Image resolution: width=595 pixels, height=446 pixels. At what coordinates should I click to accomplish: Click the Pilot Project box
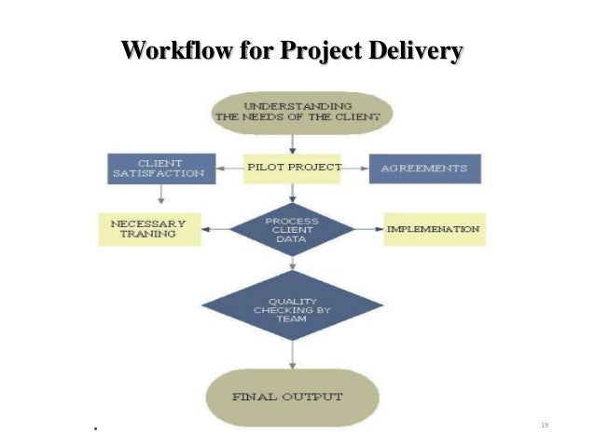pyautogui.click(x=293, y=169)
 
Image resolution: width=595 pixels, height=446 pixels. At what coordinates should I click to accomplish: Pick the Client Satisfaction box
pyautogui.click(x=161, y=169)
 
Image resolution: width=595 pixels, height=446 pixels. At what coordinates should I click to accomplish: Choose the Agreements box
pyautogui.click(x=424, y=169)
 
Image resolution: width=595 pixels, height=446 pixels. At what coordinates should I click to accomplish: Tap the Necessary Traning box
pyautogui.click(x=149, y=229)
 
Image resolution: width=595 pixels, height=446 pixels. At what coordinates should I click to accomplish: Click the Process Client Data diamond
pyautogui.click(x=293, y=229)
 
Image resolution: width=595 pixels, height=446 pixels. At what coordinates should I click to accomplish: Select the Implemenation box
pyautogui.click(x=434, y=229)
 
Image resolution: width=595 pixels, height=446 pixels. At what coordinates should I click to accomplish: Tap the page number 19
pyautogui.click(x=545, y=425)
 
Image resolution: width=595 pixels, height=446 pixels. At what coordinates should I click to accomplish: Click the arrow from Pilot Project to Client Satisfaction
pyautogui.click(x=229, y=169)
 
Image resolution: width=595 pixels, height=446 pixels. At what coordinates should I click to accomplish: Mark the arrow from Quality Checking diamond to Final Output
pyautogui.click(x=293, y=354)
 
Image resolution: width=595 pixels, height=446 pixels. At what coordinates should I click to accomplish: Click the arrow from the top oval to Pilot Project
pyautogui.click(x=293, y=142)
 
